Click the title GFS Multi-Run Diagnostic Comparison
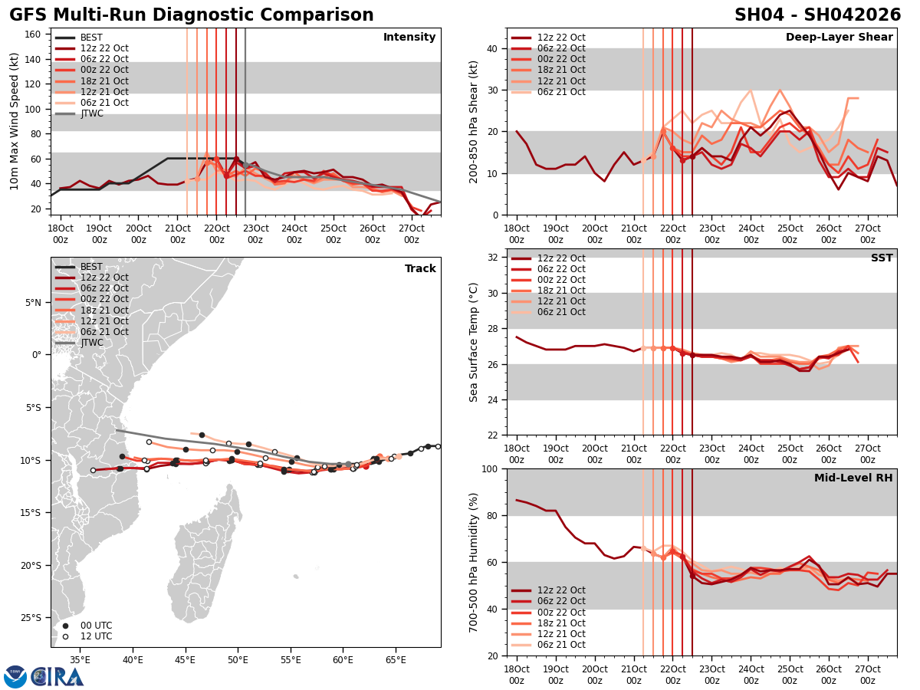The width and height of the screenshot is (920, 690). point(192,15)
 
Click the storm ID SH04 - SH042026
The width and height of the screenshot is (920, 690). point(817,15)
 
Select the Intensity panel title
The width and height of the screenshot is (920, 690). point(409,38)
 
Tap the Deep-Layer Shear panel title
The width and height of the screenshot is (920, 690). point(839,38)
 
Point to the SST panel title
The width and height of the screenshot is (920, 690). point(881,258)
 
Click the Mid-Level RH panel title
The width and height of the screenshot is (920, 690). point(853,478)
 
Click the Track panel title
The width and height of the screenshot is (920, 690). point(420,269)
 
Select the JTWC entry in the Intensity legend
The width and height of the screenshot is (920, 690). point(91,113)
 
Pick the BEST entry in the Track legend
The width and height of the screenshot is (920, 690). point(91,267)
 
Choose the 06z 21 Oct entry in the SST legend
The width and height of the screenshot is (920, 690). point(561,312)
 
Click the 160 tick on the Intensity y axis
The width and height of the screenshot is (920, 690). point(34,34)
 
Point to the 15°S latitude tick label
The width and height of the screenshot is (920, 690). point(34,513)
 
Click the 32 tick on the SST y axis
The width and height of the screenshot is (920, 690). point(493,258)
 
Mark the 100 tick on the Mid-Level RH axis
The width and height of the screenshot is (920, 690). point(489,469)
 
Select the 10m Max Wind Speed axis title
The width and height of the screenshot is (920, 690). point(15,121)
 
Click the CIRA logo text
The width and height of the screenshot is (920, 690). point(58,677)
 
